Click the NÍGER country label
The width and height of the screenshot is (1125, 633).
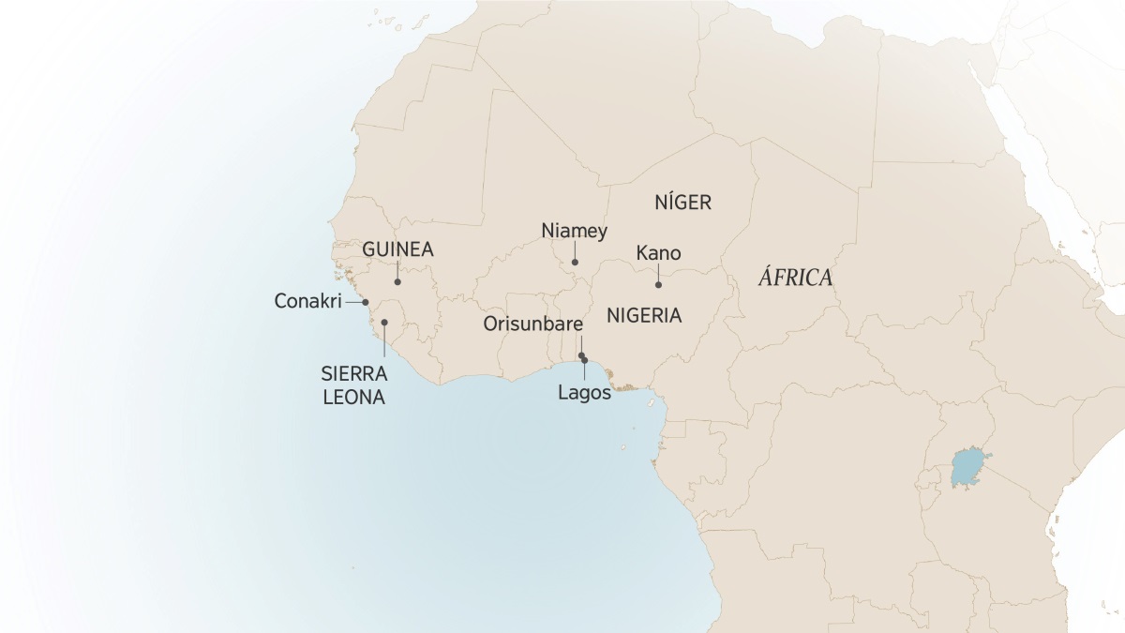click(683, 202)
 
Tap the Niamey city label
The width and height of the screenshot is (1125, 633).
click(575, 231)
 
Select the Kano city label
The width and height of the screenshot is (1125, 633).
click(658, 253)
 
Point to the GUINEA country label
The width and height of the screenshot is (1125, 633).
click(397, 250)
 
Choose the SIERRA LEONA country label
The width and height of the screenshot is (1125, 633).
click(352, 385)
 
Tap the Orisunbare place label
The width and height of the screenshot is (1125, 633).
click(533, 324)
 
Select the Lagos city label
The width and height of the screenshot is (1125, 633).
click(584, 393)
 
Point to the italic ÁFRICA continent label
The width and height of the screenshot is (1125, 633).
click(795, 279)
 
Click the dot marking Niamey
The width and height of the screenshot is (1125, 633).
click(575, 263)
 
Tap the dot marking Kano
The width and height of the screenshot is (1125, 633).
click(658, 284)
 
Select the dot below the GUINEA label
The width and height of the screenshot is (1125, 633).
click(397, 281)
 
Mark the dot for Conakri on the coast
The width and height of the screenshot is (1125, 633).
click(366, 302)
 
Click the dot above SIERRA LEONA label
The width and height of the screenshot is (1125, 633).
click(384, 323)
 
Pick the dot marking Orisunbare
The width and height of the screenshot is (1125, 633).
click(581, 355)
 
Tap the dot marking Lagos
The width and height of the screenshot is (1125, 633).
click(584, 360)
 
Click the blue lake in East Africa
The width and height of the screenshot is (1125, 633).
click(968, 468)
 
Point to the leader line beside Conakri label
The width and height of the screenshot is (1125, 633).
click(352, 302)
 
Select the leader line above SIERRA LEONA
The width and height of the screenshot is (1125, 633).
click(384, 340)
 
